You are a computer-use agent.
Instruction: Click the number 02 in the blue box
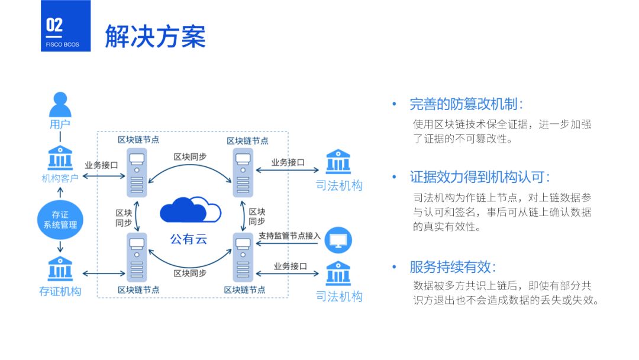pyautogui.click(x=54, y=25)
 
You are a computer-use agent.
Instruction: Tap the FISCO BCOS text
pyautogui.click(x=62, y=44)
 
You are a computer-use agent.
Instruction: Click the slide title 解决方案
pyautogui.click(x=155, y=36)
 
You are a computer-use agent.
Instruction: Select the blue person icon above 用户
pyautogui.click(x=60, y=104)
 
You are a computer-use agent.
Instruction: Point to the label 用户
pyautogui.click(x=60, y=124)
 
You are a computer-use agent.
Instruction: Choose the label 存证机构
pyautogui.click(x=60, y=291)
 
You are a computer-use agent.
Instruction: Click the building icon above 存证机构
pyautogui.click(x=60, y=269)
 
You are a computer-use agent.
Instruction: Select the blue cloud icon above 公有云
pyautogui.click(x=190, y=210)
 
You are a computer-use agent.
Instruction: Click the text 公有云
pyautogui.click(x=189, y=239)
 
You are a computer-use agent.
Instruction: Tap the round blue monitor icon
pyautogui.click(x=338, y=240)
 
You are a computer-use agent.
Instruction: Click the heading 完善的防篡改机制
pyautogui.click(x=466, y=105)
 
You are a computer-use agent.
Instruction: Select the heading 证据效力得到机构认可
pyautogui.click(x=480, y=177)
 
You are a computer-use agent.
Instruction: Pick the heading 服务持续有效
pyautogui.click(x=453, y=266)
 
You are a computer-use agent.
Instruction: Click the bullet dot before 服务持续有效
pyautogui.click(x=393, y=266)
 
